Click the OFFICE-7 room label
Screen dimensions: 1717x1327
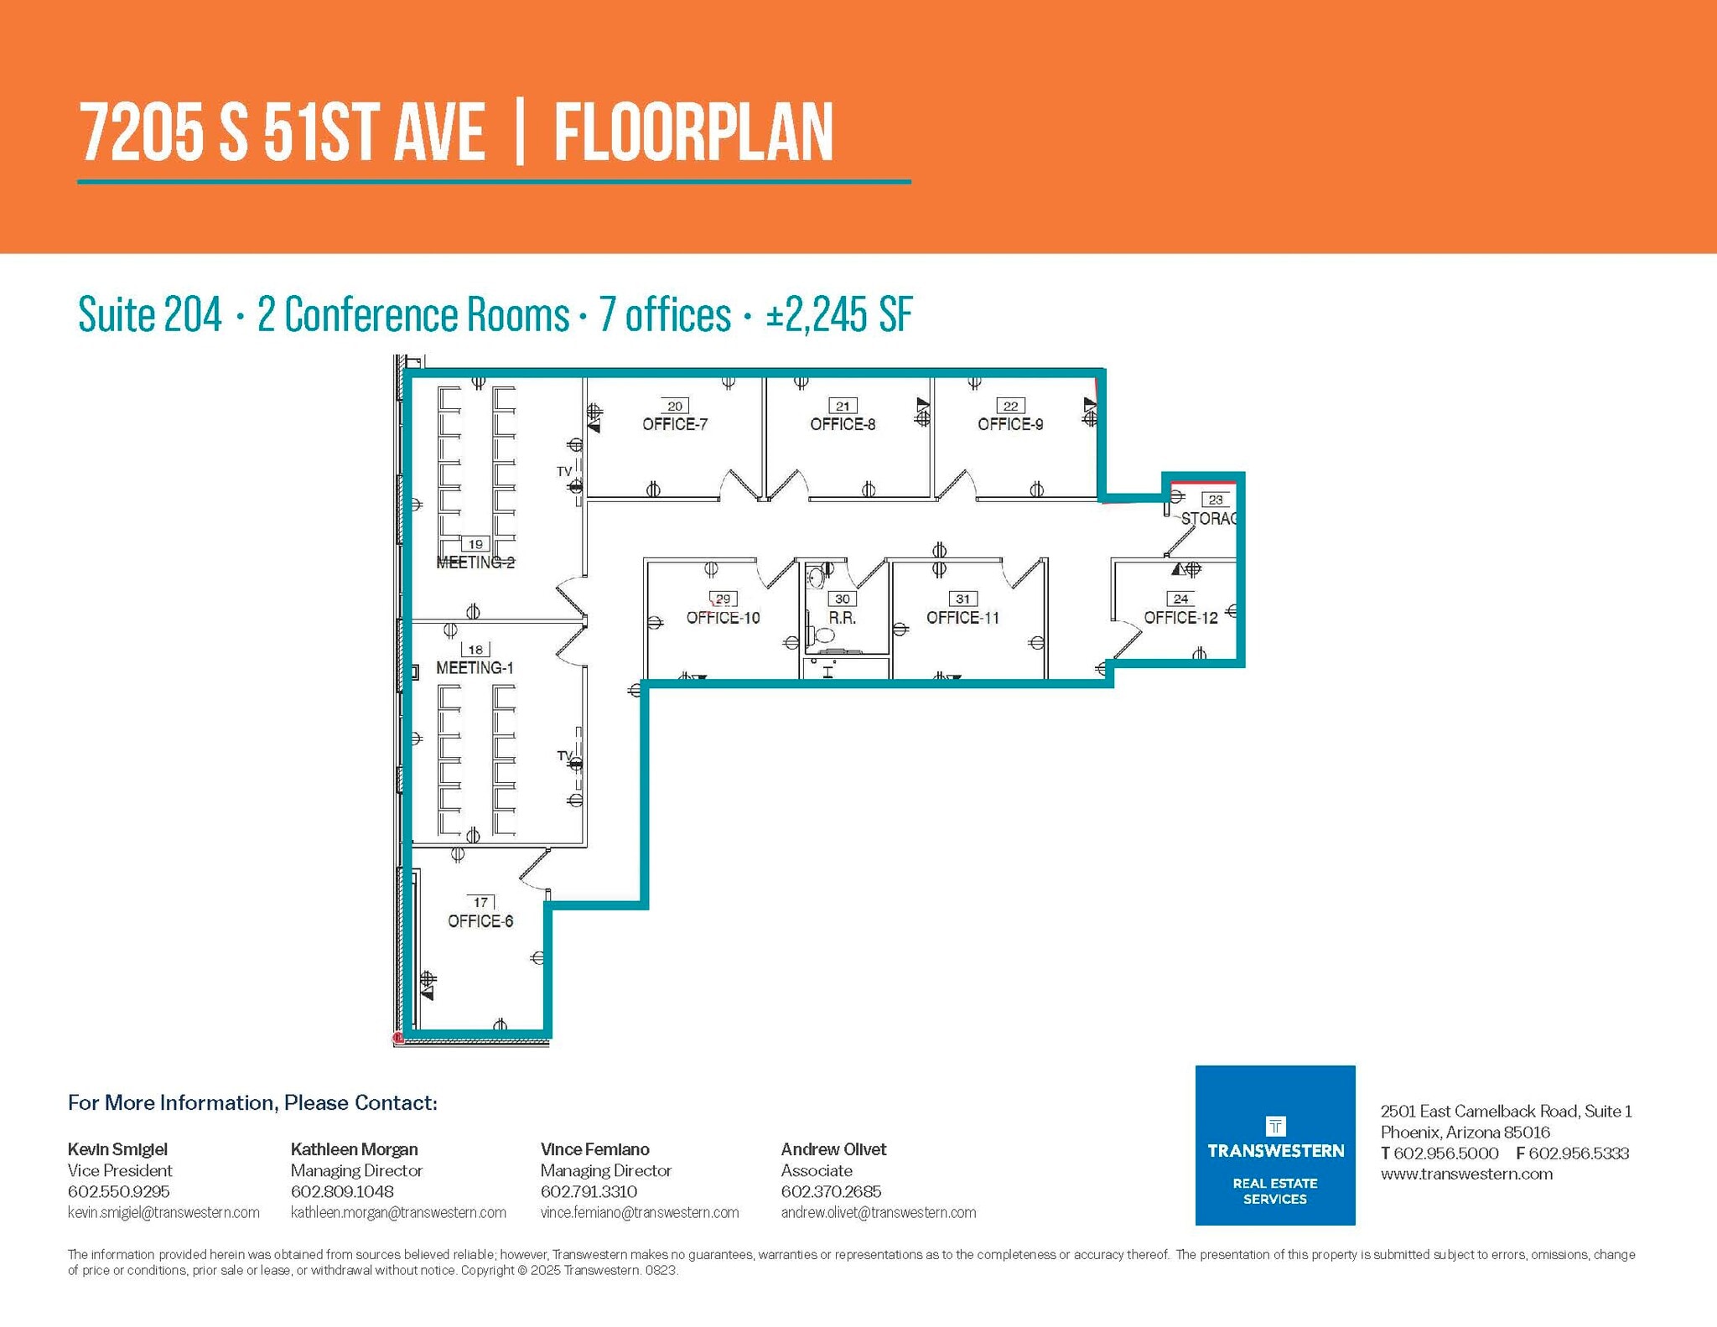click(675, 424)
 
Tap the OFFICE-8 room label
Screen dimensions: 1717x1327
click(843, 424)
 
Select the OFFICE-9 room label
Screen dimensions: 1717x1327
click(1010, 424)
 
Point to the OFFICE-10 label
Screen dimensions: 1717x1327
click(723, 618)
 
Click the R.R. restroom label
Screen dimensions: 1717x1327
click(843, 618)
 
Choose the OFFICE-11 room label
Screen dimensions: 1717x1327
click(962, 618)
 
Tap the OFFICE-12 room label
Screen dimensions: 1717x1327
click(1180, 618)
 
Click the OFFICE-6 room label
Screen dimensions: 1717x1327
click(480, 921)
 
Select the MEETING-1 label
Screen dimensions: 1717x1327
click(475, 668)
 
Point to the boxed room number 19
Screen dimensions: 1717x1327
click(475, 544)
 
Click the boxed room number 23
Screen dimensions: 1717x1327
click(1216, 500)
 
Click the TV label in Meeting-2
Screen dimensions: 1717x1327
click(564, 472)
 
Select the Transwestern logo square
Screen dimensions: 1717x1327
click(1275, 1145)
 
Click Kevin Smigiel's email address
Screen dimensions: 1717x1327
click(163, 1213)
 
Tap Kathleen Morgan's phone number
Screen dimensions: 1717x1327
click(342, 1191)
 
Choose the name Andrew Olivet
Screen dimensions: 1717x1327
click(833, 1149)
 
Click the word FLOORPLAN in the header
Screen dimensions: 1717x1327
click(693, 133)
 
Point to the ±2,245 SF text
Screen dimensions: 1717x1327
click(838, 315)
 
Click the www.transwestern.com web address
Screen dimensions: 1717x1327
click(1466, 1174)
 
